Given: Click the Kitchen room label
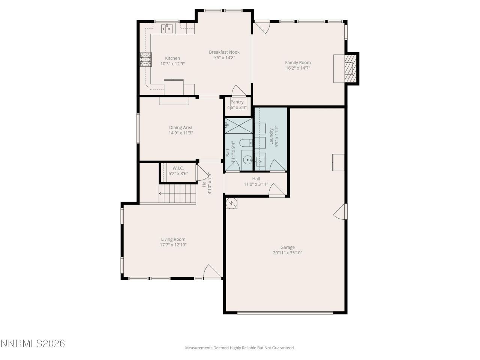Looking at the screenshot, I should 172,58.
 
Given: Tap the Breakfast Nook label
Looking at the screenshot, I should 224,52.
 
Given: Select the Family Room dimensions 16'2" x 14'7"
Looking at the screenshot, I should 298,68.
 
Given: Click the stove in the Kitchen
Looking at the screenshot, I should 145,59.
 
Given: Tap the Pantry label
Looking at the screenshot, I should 237,102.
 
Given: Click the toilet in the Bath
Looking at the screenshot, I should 246,143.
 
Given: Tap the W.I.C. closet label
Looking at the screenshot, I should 178,168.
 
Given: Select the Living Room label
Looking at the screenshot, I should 173,239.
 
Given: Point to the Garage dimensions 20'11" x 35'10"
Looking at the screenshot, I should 288,253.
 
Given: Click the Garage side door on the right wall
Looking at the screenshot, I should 340,212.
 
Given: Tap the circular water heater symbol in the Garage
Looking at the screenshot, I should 232,203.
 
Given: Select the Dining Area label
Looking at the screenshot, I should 181,127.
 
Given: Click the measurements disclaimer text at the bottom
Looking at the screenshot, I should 240,348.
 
